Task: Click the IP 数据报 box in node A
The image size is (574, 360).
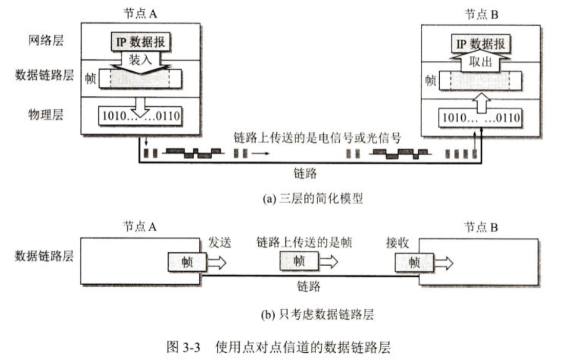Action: coord(140,43)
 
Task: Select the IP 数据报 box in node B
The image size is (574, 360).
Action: coord(480,44)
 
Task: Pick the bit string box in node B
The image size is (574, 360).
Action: coord(480,118)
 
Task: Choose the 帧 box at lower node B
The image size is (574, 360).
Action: coord(414,263)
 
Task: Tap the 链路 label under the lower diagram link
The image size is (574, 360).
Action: coord(309,286)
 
